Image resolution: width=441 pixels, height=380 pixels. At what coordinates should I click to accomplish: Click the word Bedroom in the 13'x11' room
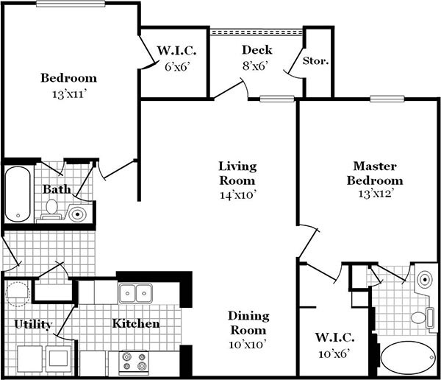68,78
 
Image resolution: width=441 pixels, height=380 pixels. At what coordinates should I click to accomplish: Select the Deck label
257,50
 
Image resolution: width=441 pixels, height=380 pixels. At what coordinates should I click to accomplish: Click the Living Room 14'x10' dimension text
237,195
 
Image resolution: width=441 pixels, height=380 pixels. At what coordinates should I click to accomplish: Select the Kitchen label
136,323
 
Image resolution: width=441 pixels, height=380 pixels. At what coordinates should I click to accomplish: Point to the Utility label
33,324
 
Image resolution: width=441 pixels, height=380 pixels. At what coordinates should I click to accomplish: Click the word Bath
56,189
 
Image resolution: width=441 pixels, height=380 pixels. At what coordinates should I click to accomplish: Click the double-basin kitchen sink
136,294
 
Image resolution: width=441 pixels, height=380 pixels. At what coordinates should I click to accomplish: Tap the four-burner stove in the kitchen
134,362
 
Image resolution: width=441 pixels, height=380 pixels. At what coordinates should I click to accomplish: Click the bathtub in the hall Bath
18,194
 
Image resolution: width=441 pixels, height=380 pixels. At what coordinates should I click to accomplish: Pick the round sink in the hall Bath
78,214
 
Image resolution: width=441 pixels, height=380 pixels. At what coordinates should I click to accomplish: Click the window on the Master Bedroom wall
387,98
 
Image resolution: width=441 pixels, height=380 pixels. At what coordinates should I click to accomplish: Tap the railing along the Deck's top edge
257,32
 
